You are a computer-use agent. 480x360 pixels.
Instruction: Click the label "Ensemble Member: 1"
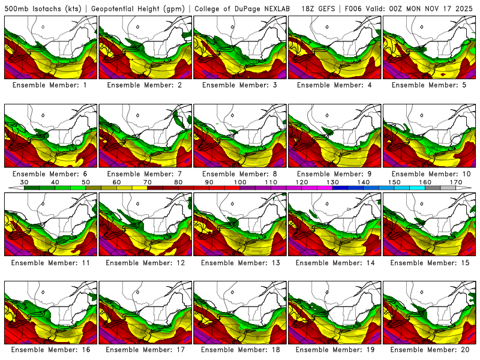point(50,85)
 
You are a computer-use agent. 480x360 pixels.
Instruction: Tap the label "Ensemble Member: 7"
point(145,174)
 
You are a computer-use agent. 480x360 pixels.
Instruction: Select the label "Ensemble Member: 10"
point(430,174)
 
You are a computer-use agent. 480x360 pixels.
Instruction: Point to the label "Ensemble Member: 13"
point(240,263)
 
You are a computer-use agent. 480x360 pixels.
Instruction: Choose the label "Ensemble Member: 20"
point(430,349)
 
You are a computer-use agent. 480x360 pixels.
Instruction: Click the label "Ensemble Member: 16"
point(50,349)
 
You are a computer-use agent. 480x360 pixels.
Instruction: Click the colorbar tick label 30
point(24,182)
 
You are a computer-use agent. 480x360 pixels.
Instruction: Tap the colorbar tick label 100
point(240,182)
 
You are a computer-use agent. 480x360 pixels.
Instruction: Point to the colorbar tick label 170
point(456,182)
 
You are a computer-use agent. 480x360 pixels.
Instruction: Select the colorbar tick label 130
point(332,182)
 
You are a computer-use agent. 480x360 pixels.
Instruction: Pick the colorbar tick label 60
point(116,182)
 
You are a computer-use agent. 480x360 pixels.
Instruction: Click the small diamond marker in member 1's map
point(43,27)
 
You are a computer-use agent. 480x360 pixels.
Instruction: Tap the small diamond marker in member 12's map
point(137,203)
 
